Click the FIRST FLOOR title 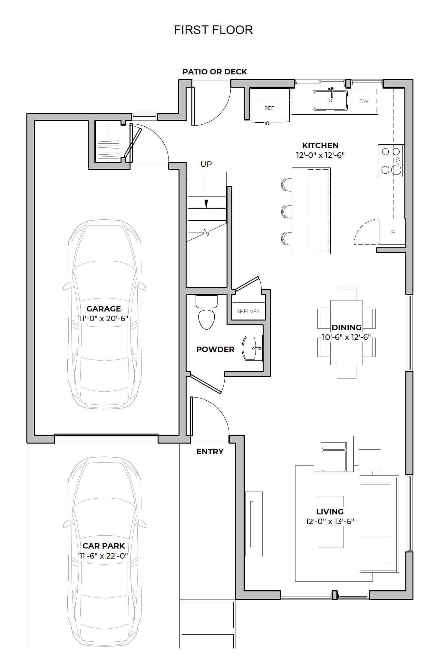pyautogui.click(x=213, y=30)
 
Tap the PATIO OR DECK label pyautogui.click(x=215, y=72)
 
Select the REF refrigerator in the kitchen pyautogui.click(x=270, y=105)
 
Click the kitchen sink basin pyautogui.click(x=330, y=100)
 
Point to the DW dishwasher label pyautogui.click(x=364, y=101)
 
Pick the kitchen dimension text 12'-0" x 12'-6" pyautogui.click(x=320, y=155)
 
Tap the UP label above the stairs pyautogui.click(x=206, y=164)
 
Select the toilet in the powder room pyautogui.click(x=207, y=312)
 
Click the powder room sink pyautogui.click(x=252, y=348)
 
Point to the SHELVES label pyautogui.click(x=248, y=311)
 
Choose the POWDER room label pyautogui.click(x=215, y=349)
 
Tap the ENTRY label pyautogui.click(x=210, y=451)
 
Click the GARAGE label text pyautogui.click(x=103, y=309)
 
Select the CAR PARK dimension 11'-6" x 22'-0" pyautogui.click(x=104, y=555)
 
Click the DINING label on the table pyautogui.click(x=346, y=327)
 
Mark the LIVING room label pyautogui.click(x=330, y=512)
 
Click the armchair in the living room pyautogui.click(x=334, y=454)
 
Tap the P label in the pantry pyautogui.click(x=393, y=231)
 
